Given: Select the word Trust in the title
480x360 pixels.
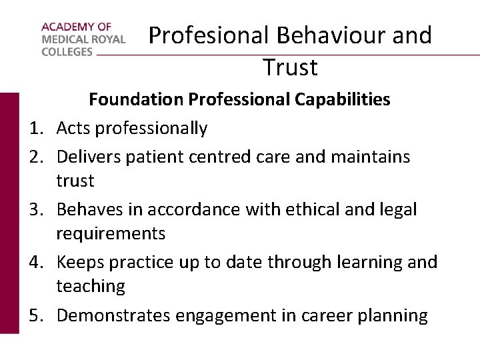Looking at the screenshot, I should [290, 67].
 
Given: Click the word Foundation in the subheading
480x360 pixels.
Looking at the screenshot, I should [136, 100].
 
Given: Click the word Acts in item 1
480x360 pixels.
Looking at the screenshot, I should [74, 128].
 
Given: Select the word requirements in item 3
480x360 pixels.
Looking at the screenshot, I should [111, 234].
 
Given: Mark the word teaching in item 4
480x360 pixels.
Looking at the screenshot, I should [91, 287].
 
